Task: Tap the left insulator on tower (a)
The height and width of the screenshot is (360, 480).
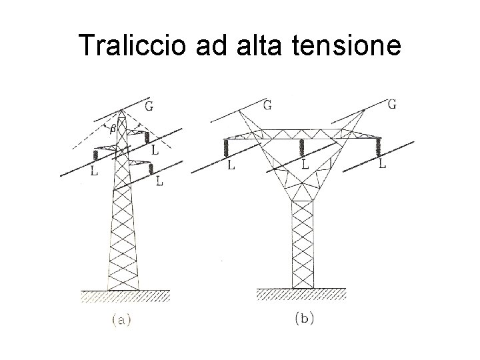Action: tap(95, 155)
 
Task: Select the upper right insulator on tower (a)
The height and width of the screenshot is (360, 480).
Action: tap(145, 138)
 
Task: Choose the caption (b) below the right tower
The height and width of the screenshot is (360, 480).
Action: tap(303, 319)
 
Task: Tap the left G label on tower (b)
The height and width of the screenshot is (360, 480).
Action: tap(267, 105)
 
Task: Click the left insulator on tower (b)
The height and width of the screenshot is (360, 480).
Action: tap(227, 147)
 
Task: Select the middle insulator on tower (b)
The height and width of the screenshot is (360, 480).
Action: tap(303, 147)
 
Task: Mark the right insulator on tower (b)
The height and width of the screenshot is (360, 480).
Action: tap(381, 147)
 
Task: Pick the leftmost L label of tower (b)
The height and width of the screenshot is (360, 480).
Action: tap(231, 166)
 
